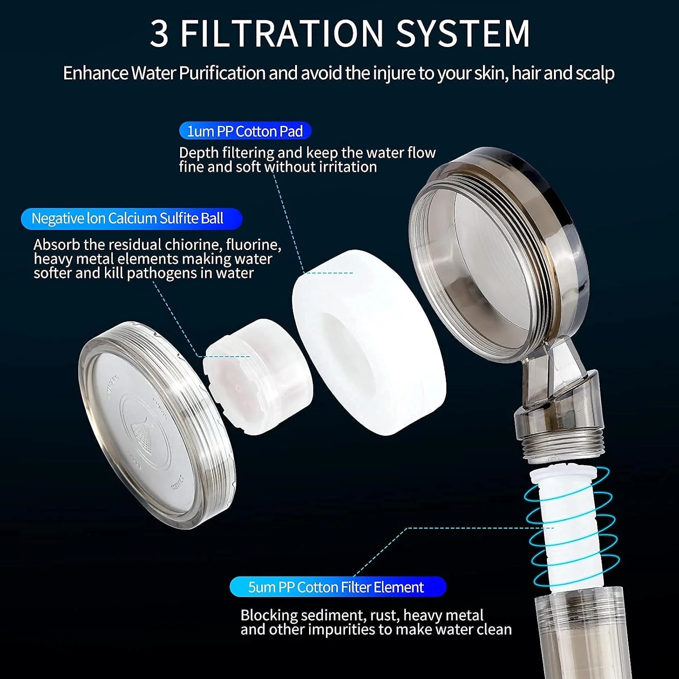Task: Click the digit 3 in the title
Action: pos(159,33)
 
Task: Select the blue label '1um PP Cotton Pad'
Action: pos(245,131)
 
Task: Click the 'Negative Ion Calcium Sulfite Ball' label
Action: pos(132,219)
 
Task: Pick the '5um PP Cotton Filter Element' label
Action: pos(338,587)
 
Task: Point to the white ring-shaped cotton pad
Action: pos(369,343)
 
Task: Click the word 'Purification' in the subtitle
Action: pos(222,73)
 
